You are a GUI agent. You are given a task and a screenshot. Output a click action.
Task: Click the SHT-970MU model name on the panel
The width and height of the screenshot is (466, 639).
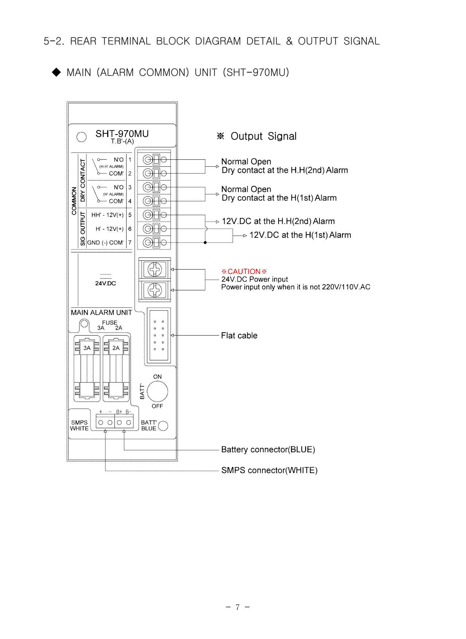[x=122, y=134]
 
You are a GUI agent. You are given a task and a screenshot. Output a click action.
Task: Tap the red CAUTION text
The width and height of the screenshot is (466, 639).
[x=244, y=271]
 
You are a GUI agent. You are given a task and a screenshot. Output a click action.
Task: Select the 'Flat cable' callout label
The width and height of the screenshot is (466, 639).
[x=239, y=336]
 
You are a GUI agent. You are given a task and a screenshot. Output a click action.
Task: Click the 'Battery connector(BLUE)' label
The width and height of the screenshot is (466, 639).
[x=268, y=450]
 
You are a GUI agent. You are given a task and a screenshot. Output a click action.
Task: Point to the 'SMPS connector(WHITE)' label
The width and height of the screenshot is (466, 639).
[x=269, y=470]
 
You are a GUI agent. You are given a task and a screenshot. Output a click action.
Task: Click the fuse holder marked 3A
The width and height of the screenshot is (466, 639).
[x=87, y=368]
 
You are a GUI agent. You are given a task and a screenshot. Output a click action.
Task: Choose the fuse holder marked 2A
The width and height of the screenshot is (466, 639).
[x=116, y=368]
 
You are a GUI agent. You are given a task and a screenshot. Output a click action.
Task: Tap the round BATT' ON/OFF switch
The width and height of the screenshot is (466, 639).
[x=157, y=391]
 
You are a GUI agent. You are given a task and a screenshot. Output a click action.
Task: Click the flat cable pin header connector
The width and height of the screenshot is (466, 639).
[x=159, y=336]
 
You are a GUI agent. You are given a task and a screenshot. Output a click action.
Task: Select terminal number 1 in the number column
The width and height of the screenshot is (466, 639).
[x=130, y=160]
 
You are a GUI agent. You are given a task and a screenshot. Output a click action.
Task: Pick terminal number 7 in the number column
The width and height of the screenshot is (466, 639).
[x=130, y=243]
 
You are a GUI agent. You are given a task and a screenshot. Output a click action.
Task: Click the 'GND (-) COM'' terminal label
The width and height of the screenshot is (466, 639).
[x=105, y=243]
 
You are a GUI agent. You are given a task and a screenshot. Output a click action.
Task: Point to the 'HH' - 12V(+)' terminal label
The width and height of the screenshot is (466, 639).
[x=108, y=215]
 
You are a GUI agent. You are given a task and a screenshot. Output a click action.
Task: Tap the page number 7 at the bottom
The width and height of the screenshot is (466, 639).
[x=237, y=607]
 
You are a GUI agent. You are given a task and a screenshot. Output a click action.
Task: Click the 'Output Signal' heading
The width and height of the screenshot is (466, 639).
[x=264, y=136]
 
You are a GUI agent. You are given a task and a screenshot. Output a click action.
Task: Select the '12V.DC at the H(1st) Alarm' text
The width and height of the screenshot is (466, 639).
[x=300, y=235]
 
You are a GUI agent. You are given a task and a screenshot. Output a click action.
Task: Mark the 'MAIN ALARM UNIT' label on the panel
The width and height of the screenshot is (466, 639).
[x=101, y=313]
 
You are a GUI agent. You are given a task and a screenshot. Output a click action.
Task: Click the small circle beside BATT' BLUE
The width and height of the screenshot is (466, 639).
[x=163, y=426]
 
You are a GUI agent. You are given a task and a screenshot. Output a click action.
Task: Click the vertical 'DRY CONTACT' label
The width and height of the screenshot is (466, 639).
[x=83, y=180]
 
